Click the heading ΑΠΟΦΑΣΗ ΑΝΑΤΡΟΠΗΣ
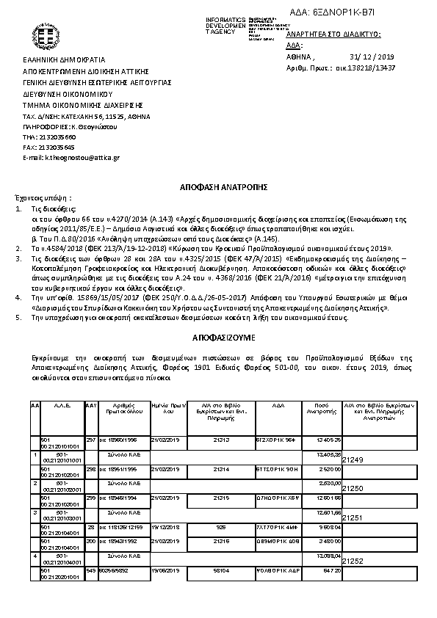click(218, 188)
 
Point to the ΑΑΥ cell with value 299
click(91, 497)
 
